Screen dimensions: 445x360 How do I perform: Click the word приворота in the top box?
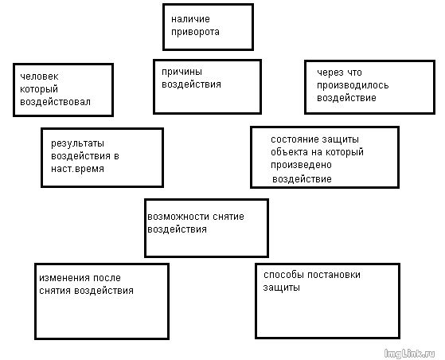(195, 32)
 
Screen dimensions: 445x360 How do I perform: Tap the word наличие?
(190, 19)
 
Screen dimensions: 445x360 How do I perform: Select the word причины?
(182, 72)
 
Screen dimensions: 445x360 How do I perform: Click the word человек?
(39, 76)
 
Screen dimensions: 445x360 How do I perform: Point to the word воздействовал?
(56, 102)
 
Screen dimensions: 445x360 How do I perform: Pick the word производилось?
(353, 85)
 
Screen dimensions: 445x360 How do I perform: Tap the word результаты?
(77, 143)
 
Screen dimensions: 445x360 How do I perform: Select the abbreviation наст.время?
(77, 169)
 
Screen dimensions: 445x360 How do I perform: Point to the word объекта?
(290, 152)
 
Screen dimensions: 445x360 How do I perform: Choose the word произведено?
(301, 165)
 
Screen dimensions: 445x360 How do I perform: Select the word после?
(107, 278)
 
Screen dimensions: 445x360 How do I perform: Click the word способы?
(284, 275)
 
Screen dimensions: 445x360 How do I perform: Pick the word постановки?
(334, 275)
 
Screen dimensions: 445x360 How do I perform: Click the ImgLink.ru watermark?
(409, 354)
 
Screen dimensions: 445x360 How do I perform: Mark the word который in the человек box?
(39, 89)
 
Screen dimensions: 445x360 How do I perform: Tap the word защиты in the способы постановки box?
(282, 288)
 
